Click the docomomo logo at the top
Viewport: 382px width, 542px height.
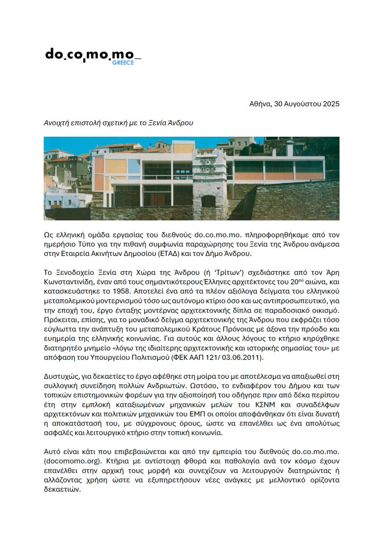92,55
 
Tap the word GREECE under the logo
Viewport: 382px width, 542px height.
123,63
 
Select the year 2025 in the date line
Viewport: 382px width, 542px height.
329,104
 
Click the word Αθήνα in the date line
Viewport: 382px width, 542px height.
260,104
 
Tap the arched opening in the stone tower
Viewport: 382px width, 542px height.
208,201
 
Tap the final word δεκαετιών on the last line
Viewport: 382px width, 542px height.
63,490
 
